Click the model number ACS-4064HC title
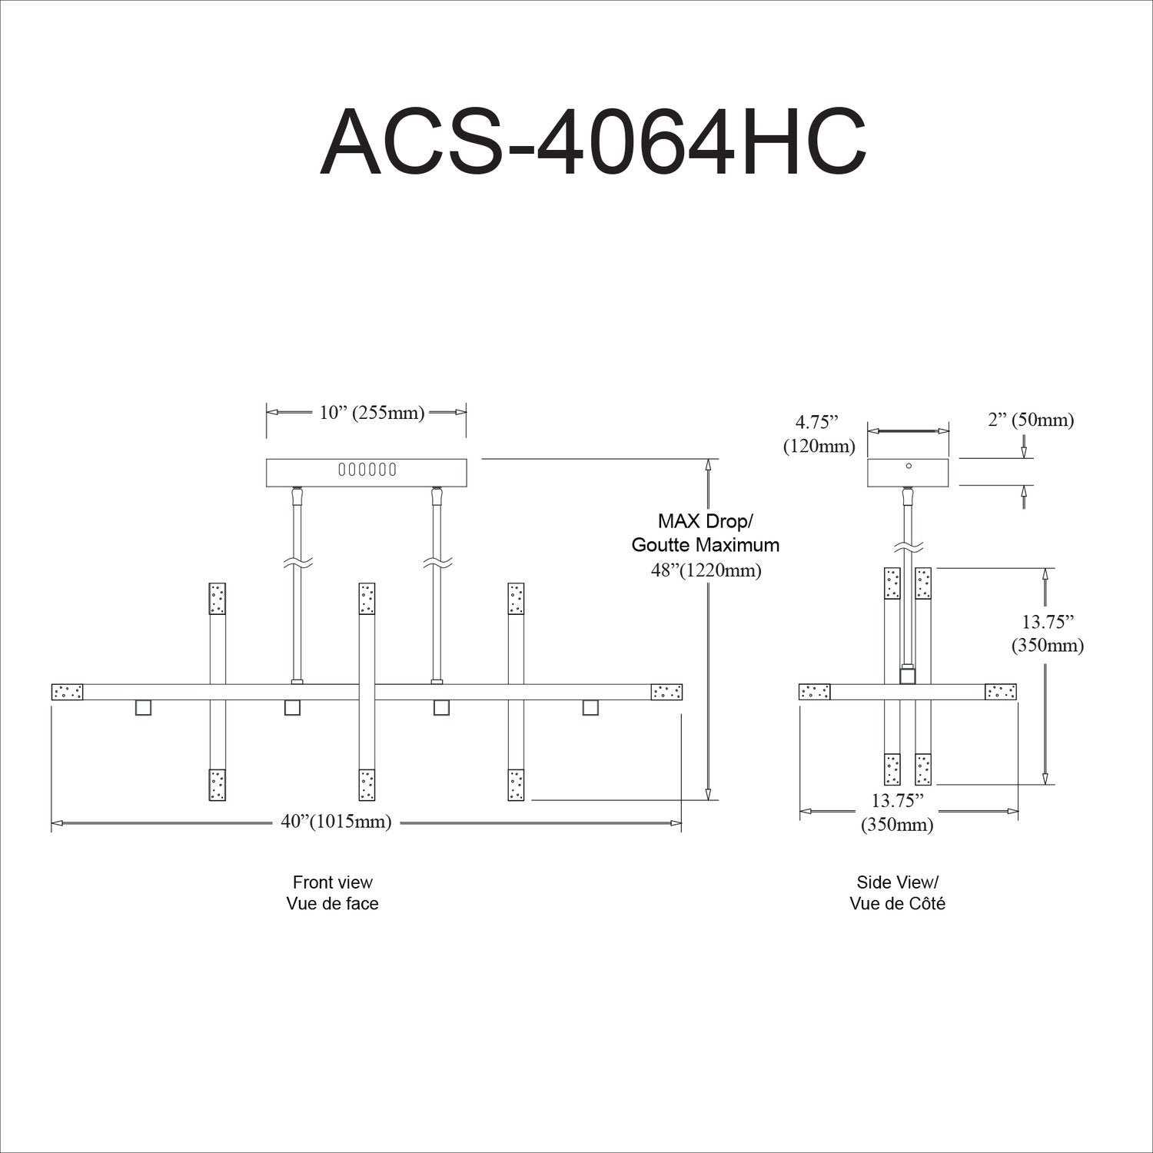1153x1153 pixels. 593,143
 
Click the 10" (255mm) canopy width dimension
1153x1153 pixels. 372,413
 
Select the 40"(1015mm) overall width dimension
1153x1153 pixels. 336,822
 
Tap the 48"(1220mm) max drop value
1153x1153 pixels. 705,570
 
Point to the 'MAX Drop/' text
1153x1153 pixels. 705,521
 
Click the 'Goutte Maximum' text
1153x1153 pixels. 705,545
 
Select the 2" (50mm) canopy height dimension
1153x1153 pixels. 1030,420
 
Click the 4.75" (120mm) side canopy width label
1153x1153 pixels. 819,434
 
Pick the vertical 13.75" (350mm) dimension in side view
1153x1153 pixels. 1047,633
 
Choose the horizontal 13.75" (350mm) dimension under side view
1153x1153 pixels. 897,812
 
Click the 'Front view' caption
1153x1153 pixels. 332,882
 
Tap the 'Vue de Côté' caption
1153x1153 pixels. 897,903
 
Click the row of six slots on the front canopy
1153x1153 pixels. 367,469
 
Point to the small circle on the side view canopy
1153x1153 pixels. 909,466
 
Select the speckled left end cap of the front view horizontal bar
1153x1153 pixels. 68,692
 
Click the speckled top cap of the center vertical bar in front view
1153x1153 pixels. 367,599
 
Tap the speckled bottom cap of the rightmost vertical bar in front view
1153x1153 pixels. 516,785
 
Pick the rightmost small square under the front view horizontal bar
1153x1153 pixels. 590,707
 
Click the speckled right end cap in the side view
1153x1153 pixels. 1001,692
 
